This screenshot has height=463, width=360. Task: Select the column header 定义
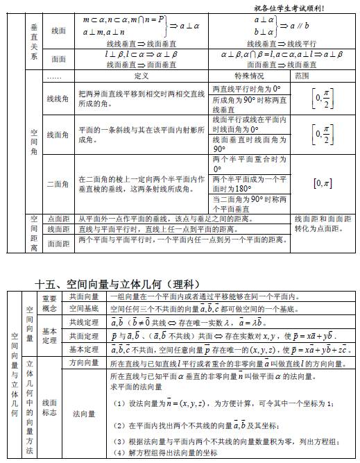[x=142, y=75]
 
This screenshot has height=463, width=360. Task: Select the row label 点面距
[x=58, y=218]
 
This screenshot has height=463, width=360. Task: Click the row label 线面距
[x=58, y=229]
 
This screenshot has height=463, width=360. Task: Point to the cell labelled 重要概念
[x=49, y=303]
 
